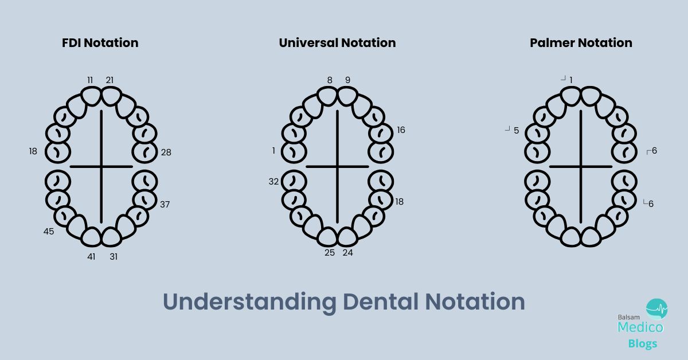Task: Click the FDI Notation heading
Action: pos(100,42)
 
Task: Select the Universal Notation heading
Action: pos(337,42)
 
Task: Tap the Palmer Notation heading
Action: pos(581,42)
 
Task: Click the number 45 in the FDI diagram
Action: pos(49,231)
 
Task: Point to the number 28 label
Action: pos(166,152)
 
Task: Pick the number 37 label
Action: pos(165,204)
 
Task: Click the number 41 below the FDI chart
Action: pos(91,256)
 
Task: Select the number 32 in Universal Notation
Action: pos(273,182)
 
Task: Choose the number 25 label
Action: pos(330,252)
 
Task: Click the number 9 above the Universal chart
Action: pos(347,80)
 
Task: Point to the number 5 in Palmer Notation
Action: pos(517,131)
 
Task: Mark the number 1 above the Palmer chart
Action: pos(571,80)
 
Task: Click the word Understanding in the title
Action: pos(249,302)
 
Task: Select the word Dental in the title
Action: pos(381,302)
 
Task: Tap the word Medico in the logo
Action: pos(640,327)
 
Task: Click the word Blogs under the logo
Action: pos(643,343)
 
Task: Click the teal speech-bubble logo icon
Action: pos(656,309)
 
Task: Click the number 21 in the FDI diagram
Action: pos(110,80)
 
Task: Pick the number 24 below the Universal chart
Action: pos(347,252)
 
